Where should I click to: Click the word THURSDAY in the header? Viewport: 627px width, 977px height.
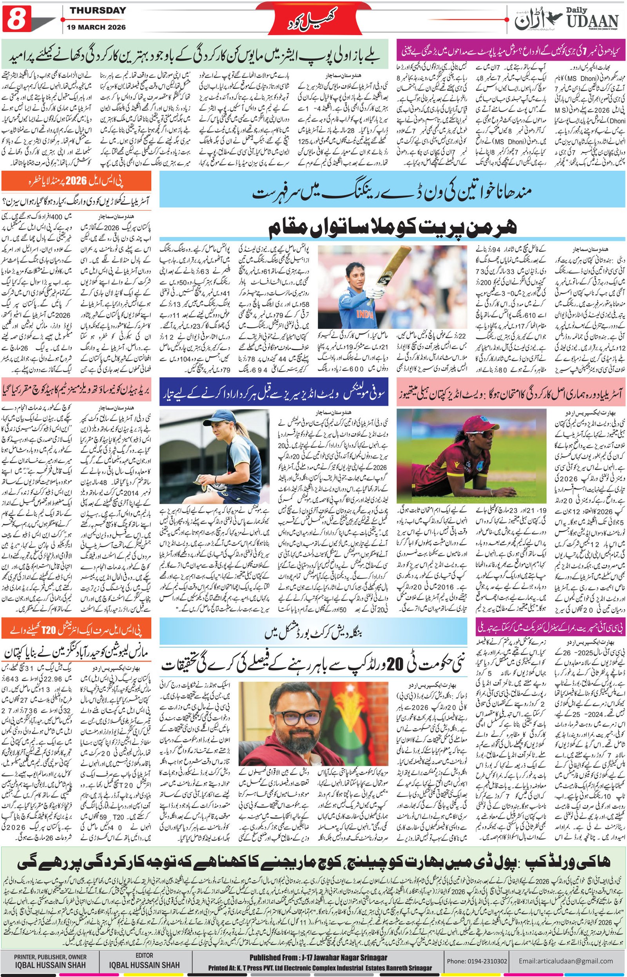(98, 11)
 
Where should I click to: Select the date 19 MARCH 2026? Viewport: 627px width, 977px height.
(98, 27)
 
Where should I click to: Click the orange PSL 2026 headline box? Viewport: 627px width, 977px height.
(76, 181)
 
